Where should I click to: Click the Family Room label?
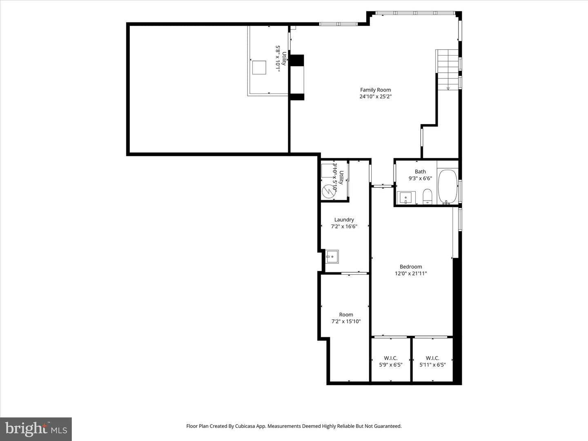(375, 90)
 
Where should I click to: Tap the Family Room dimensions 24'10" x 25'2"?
(375, 97)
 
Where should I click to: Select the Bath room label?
(420, 171)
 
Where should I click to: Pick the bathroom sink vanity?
(406, 198)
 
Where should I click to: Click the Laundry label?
(344, 220)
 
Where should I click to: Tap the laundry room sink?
(332, 256)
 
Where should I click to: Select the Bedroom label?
(411, 267)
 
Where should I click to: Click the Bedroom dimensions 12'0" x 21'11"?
(411, 274)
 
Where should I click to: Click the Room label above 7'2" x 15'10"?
(346, 314)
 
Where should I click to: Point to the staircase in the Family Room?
(448, 69)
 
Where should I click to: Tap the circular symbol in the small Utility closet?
(328, 191)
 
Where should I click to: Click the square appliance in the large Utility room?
(259, 67)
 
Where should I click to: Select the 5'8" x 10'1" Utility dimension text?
(277, 59)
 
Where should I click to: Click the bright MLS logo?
(36, 429)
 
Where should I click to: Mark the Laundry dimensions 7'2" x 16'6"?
(344, 226)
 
